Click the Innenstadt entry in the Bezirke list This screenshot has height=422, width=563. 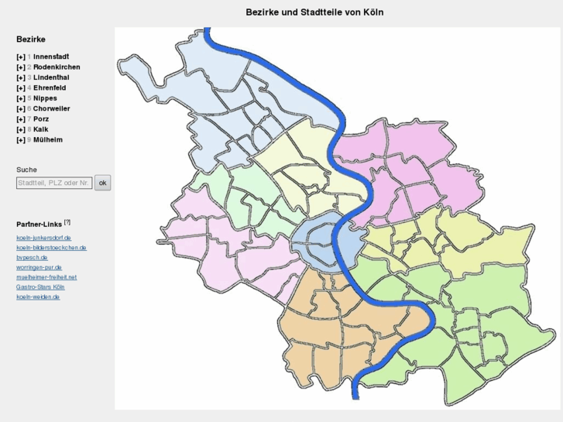(x=51, y=57)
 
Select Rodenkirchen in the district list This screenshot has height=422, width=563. (x=57, y=67)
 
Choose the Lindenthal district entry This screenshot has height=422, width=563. (x=51, y=77)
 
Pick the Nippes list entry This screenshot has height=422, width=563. (x=45, y=98)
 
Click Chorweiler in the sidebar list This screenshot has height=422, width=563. (x=51, y=109)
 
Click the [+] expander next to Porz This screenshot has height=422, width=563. (x=21, y=119)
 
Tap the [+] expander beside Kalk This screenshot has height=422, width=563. (x=21, y=130)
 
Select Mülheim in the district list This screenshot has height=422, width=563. (x=48, y=140)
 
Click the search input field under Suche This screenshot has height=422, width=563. (x=54, y=183)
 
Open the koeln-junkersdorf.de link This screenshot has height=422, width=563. (x=44, y=238)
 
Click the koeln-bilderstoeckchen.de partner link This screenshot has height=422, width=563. (x=51, y=248)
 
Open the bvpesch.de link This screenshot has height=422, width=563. (x=32, y=257)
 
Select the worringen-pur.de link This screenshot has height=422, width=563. (x=39, y=267)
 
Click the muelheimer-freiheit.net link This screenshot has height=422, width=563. (x=46, y=277)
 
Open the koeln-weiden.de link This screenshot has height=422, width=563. (x=38, y=297)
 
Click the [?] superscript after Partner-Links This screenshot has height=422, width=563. (x=67, y=222)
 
